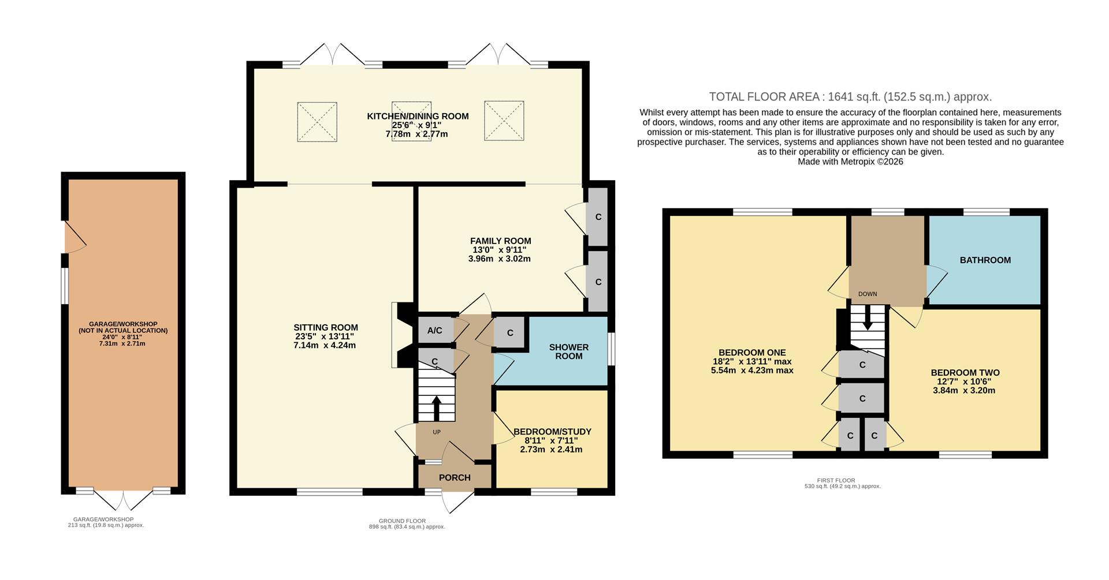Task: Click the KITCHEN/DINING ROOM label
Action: point(417,116)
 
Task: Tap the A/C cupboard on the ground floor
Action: point(434,331)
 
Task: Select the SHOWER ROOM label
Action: point(568,351)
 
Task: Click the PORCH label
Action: point(455,478)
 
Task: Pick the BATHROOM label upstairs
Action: point(985,260)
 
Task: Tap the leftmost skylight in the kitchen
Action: point(317,122)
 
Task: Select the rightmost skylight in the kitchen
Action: point(504,121)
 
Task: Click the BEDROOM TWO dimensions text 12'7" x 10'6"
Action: point(963,381)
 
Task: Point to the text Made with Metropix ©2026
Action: point(850,162)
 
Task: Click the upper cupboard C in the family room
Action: point(598,217)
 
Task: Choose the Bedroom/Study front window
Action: point(553,492)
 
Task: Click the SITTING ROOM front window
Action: point(330,492)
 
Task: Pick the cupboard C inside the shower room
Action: point(510,333)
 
